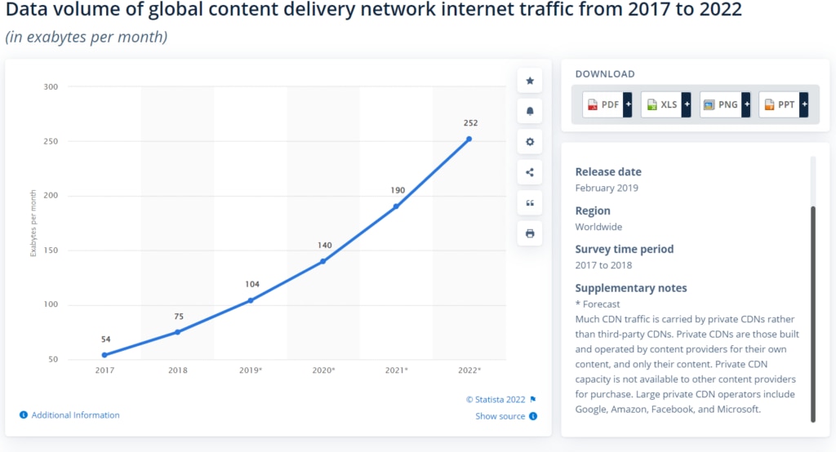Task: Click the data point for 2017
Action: pyautogui.click(x=104, y=355)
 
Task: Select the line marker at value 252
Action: pyautogui.click(x=469, y=139)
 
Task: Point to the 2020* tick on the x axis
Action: pyautogui.click(x=323, y=370)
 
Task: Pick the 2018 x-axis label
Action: pyautogui.click(x=177, y=370)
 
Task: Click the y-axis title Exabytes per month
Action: pyautogui.click(x=33, y=223)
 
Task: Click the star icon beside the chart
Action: pyautogui.click(x=530, y=81)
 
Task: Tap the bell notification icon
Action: pyautogui.click(x=530, y=111)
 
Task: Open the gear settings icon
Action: pyautogui.click(x=530, y=142)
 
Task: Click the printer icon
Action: pyautogui.click(x=530, y=233)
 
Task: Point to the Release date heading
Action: pyautogui.click(x=608, y=172)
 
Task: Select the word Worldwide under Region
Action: pyautogui.click(x=598, y=227)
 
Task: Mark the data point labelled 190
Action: pyautogui.click(x=396, y=206)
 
